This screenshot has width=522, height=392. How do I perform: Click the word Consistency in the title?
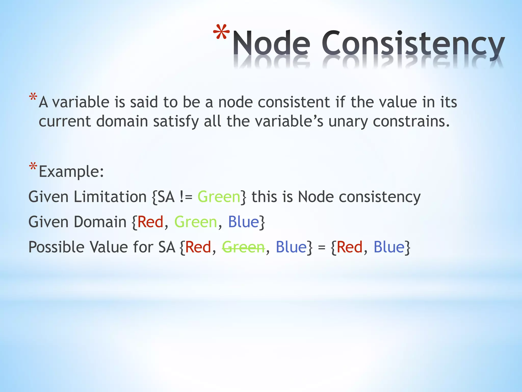click(x=413, y=43)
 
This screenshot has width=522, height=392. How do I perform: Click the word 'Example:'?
click(x=71, y=171)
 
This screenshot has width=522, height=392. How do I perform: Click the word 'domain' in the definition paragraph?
click(x=122, y=121)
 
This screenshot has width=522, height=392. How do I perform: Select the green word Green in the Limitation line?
click(x=219, y=197)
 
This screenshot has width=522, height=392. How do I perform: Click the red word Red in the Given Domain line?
click(x=150, y=222)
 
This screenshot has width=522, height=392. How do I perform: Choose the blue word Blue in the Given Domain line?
click(x=243, y=222)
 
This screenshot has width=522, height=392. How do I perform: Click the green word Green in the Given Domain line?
click(x=195, y=222)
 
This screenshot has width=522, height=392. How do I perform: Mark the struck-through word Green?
click(x=243, y=247)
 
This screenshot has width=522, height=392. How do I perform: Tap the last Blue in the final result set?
click(x=389, y=247)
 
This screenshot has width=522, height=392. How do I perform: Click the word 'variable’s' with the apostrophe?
click(x=289, y=121)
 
